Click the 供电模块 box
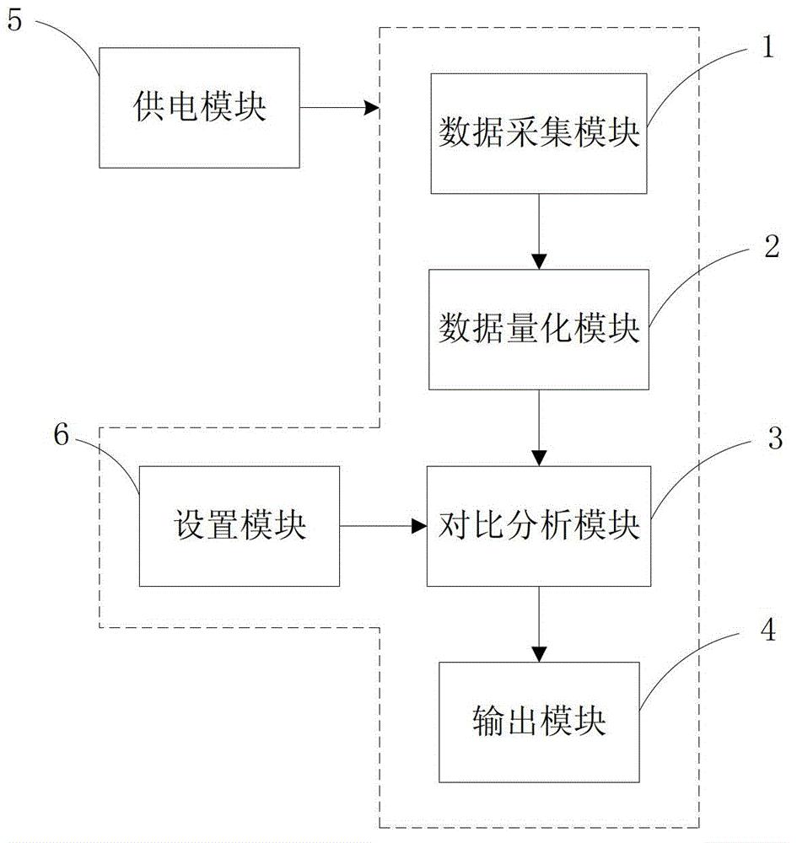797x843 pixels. click(x=199, y=108)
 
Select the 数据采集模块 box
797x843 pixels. click(x=539, y=133)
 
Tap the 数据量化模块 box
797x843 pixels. click(x=539, y=330)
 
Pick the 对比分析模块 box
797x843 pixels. click(x=539, y=526)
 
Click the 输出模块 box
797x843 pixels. click(x=539, y=721)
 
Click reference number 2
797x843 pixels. click(x=767, y=244)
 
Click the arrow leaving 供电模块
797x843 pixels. click(x=337, y=108)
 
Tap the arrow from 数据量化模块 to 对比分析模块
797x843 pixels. click(x=539, y=427)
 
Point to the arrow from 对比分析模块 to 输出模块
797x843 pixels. click(x=539, y=624)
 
